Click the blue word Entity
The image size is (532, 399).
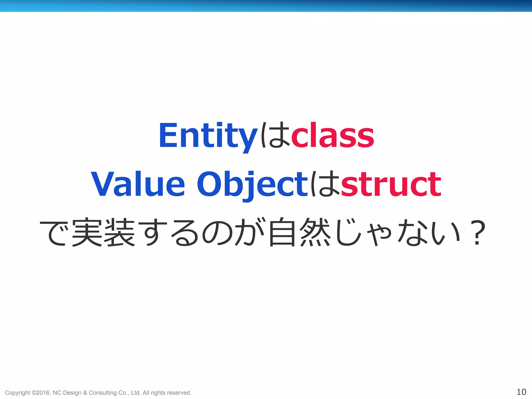(208, 136)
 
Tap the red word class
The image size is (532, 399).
(332, 136)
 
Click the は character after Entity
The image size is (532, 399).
(275, 136)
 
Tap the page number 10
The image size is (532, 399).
(521, 392)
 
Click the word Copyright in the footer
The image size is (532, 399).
(17, 393)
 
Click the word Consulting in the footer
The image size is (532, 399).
(103, 393)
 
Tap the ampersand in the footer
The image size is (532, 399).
(85, 393)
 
